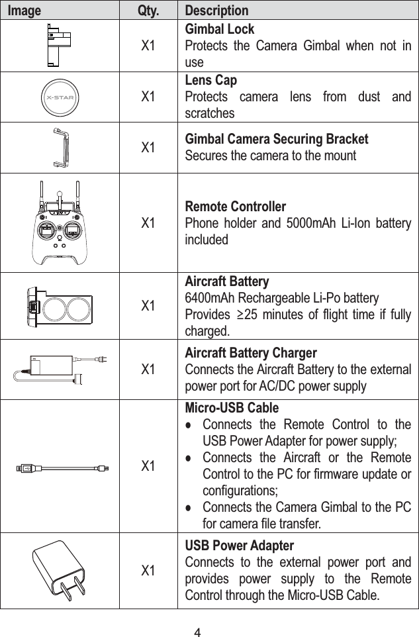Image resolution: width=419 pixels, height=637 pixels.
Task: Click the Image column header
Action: click(24, 11)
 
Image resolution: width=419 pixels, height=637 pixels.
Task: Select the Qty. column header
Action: click(148, 11)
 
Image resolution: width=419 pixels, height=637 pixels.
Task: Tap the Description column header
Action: click(216, 11)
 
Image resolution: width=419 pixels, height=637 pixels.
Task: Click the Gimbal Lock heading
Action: click(219, 30)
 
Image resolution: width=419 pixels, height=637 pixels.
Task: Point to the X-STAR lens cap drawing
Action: click(60, 97)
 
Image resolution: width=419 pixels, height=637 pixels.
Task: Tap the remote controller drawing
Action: click(60, 223)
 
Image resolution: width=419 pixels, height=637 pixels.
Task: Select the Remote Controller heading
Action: click(235, 206)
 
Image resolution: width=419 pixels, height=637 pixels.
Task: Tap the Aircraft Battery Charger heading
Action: click(251, 353)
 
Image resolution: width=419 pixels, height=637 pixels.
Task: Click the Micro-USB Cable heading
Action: click(222, 407)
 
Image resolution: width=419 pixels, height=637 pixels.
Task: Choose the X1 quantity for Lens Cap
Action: click(148, 97)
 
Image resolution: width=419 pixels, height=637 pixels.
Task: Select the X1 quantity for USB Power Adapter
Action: click(148, 570)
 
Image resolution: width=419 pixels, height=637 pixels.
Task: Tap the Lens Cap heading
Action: click(210, 81)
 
